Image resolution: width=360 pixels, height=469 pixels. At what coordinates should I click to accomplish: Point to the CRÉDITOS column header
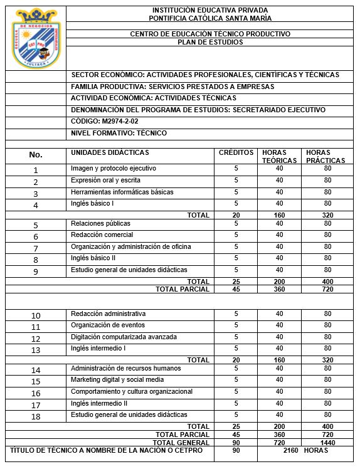coord(236,153)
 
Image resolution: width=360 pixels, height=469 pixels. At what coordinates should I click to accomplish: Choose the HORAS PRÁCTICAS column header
coord(326,157)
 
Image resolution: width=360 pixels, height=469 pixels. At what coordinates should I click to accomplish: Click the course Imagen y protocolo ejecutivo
coord(114,169)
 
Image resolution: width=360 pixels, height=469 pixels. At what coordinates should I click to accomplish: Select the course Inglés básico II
coord(93,258)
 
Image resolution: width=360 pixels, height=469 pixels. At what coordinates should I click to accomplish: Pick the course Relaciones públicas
coord(101,223)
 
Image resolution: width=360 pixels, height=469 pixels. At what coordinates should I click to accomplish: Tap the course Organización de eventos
coord(108,325)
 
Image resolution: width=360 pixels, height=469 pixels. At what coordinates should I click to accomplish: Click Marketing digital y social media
coord(117,380)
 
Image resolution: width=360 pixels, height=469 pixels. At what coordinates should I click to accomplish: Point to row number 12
coord(36,338)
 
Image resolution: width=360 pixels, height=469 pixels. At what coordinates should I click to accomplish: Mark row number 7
coord(36,248)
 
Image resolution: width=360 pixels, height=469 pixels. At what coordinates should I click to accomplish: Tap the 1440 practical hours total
coord(327,442)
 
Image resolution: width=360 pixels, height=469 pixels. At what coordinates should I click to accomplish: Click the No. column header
coord(36,155)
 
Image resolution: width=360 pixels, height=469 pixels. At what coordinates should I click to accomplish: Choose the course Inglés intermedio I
coord(98,348)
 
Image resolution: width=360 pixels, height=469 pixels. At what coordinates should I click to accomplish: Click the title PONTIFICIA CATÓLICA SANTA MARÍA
coord(209,18)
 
